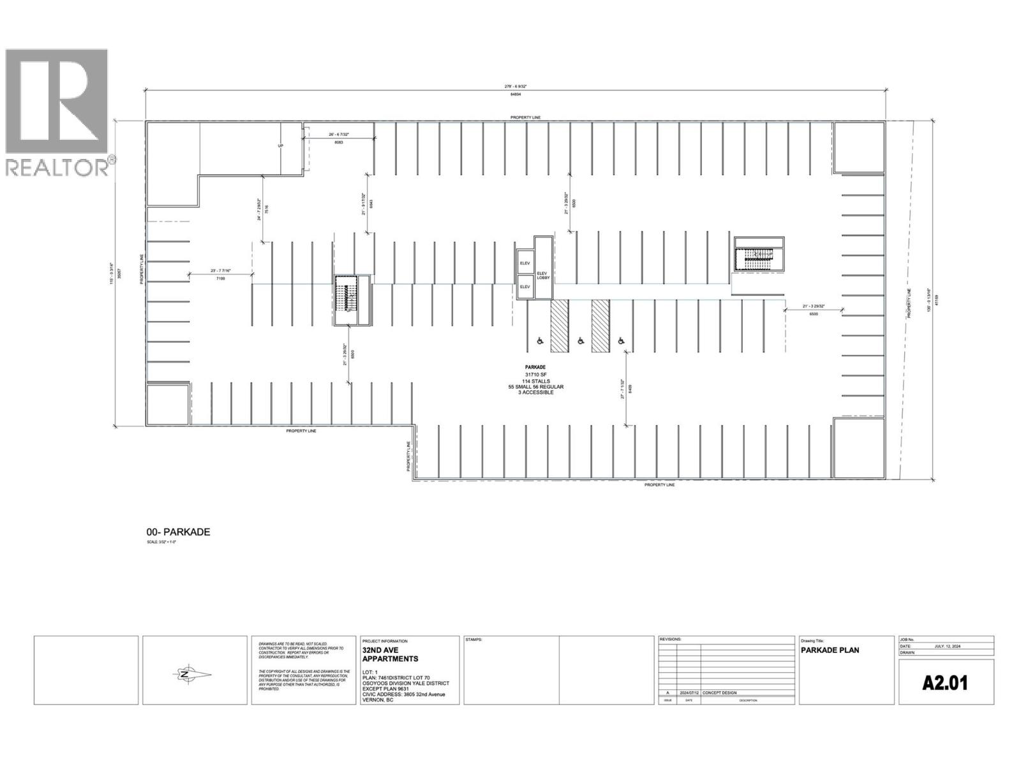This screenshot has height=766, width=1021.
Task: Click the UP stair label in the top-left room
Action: point(280,146)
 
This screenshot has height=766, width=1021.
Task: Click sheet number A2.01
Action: point(945,683)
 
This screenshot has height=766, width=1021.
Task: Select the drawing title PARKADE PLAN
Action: point(830,650)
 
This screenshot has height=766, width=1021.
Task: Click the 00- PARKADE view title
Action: point(178,532)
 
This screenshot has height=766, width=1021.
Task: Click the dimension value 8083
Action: point(339,142)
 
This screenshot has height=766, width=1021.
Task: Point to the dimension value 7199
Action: point(221,279)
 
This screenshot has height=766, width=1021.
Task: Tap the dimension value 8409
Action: point(630,388)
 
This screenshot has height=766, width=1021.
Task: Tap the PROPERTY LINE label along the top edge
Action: point(525,117)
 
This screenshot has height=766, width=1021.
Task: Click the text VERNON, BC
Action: point(378,700)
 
